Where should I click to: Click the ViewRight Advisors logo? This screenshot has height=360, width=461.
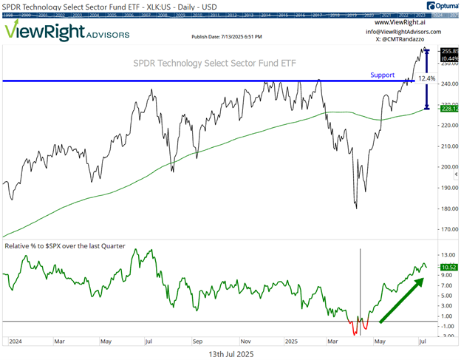pos(66,31)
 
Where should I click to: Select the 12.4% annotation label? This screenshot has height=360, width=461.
pos(427,78)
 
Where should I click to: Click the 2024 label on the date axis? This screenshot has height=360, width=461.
pos(15,342)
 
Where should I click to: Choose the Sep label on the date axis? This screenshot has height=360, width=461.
pos(198,342)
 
